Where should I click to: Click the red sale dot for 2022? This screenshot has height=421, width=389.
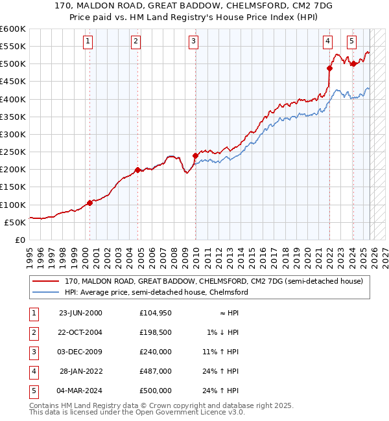coord(329,68)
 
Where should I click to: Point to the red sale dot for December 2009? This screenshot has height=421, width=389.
coord(194,155)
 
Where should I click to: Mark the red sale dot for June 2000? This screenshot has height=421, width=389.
coord(89,203)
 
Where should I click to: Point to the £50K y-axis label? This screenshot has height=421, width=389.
coord(15,222)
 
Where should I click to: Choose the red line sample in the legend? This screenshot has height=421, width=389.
coord(46,282)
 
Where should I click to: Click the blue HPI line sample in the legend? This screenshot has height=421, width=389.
coord(46,292)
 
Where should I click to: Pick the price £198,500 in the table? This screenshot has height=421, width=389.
coord(155,332)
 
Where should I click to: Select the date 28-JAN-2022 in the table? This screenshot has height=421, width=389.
coord(81,371)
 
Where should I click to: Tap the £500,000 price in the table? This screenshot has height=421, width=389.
coord(155,391)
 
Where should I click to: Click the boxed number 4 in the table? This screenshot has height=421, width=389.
coord(32,371)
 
